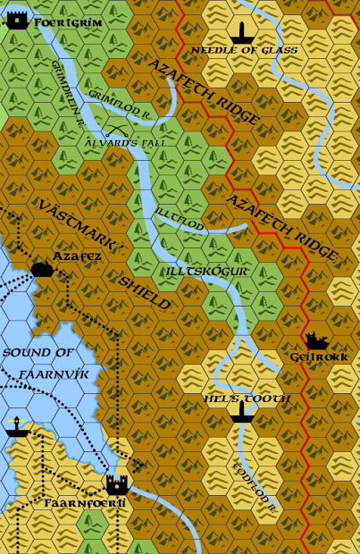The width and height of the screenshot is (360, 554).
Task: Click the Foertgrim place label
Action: pyautogui.click(x=69, y=21)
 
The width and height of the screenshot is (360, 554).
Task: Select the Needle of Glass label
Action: pyautogui.click(x=245, y=51)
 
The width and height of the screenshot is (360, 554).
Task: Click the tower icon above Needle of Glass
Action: pyautogui.click(x=240, y=33)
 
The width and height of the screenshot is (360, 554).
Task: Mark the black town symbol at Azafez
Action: pyautogui.click(x=40, y=269)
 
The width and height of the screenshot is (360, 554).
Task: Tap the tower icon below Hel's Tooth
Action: pyautogui.click(x=239, y=411)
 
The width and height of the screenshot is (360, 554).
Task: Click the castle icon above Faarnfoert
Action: pyautogui.click(x=116, y=484)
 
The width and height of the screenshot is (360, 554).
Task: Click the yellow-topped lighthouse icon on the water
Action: pyautogui.click(x=14, y=426)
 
